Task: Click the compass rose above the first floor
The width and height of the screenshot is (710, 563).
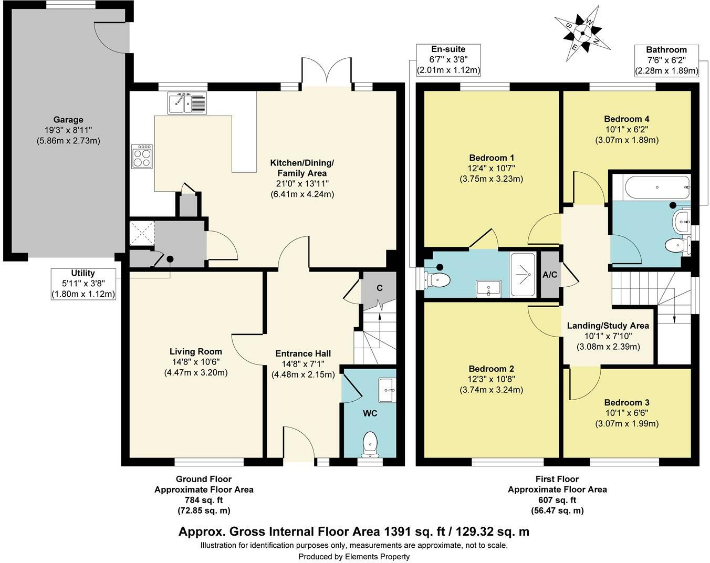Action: click(582, 33)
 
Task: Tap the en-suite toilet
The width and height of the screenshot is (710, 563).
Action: click(436, 279)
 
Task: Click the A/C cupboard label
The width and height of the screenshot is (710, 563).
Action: click(550, 275)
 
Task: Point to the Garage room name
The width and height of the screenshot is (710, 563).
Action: click(68, 120)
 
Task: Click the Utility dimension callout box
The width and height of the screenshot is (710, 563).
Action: click(83, 284)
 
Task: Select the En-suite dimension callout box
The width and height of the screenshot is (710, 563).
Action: click(448, 59)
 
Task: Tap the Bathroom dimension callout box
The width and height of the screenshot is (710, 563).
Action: click(666, 60)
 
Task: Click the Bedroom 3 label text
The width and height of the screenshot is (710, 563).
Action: click(626, 403)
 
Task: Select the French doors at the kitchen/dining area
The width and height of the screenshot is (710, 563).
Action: click(326, 70)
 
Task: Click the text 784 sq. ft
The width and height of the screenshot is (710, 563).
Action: click(203, 499)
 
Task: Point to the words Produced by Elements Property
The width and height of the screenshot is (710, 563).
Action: click(354, 556)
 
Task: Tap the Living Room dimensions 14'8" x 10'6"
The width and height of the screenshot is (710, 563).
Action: click(195, 362)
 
